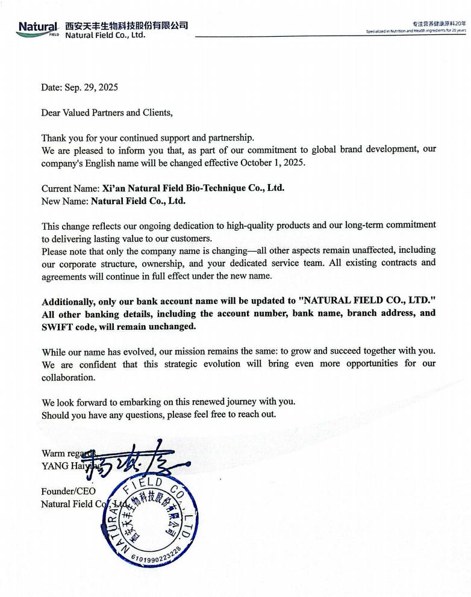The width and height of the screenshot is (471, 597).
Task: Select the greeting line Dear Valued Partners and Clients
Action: pos(107,113)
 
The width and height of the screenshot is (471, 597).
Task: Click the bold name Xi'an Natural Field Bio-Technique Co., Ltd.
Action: pos(193,188)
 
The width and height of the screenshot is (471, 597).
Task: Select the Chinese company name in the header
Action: pos(126,25)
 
